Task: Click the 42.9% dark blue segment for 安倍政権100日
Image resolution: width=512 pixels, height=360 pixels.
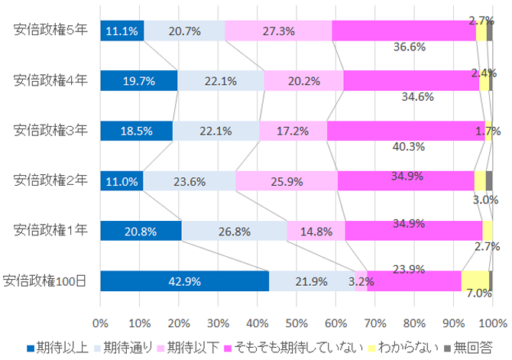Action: point(184,281)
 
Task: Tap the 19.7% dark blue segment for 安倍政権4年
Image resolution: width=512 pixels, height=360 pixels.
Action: point(138,80)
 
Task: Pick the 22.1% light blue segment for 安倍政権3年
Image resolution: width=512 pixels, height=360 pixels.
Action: point(215,131)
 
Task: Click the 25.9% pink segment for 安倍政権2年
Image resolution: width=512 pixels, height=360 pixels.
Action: point(287,181)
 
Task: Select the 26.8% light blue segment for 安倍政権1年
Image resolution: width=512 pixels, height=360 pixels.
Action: point(235,230)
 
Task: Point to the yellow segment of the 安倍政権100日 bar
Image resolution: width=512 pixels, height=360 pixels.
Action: point(475,281)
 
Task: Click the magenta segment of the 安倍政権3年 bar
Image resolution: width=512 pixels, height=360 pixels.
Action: point(406,131)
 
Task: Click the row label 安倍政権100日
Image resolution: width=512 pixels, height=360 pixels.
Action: point(45,281)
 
